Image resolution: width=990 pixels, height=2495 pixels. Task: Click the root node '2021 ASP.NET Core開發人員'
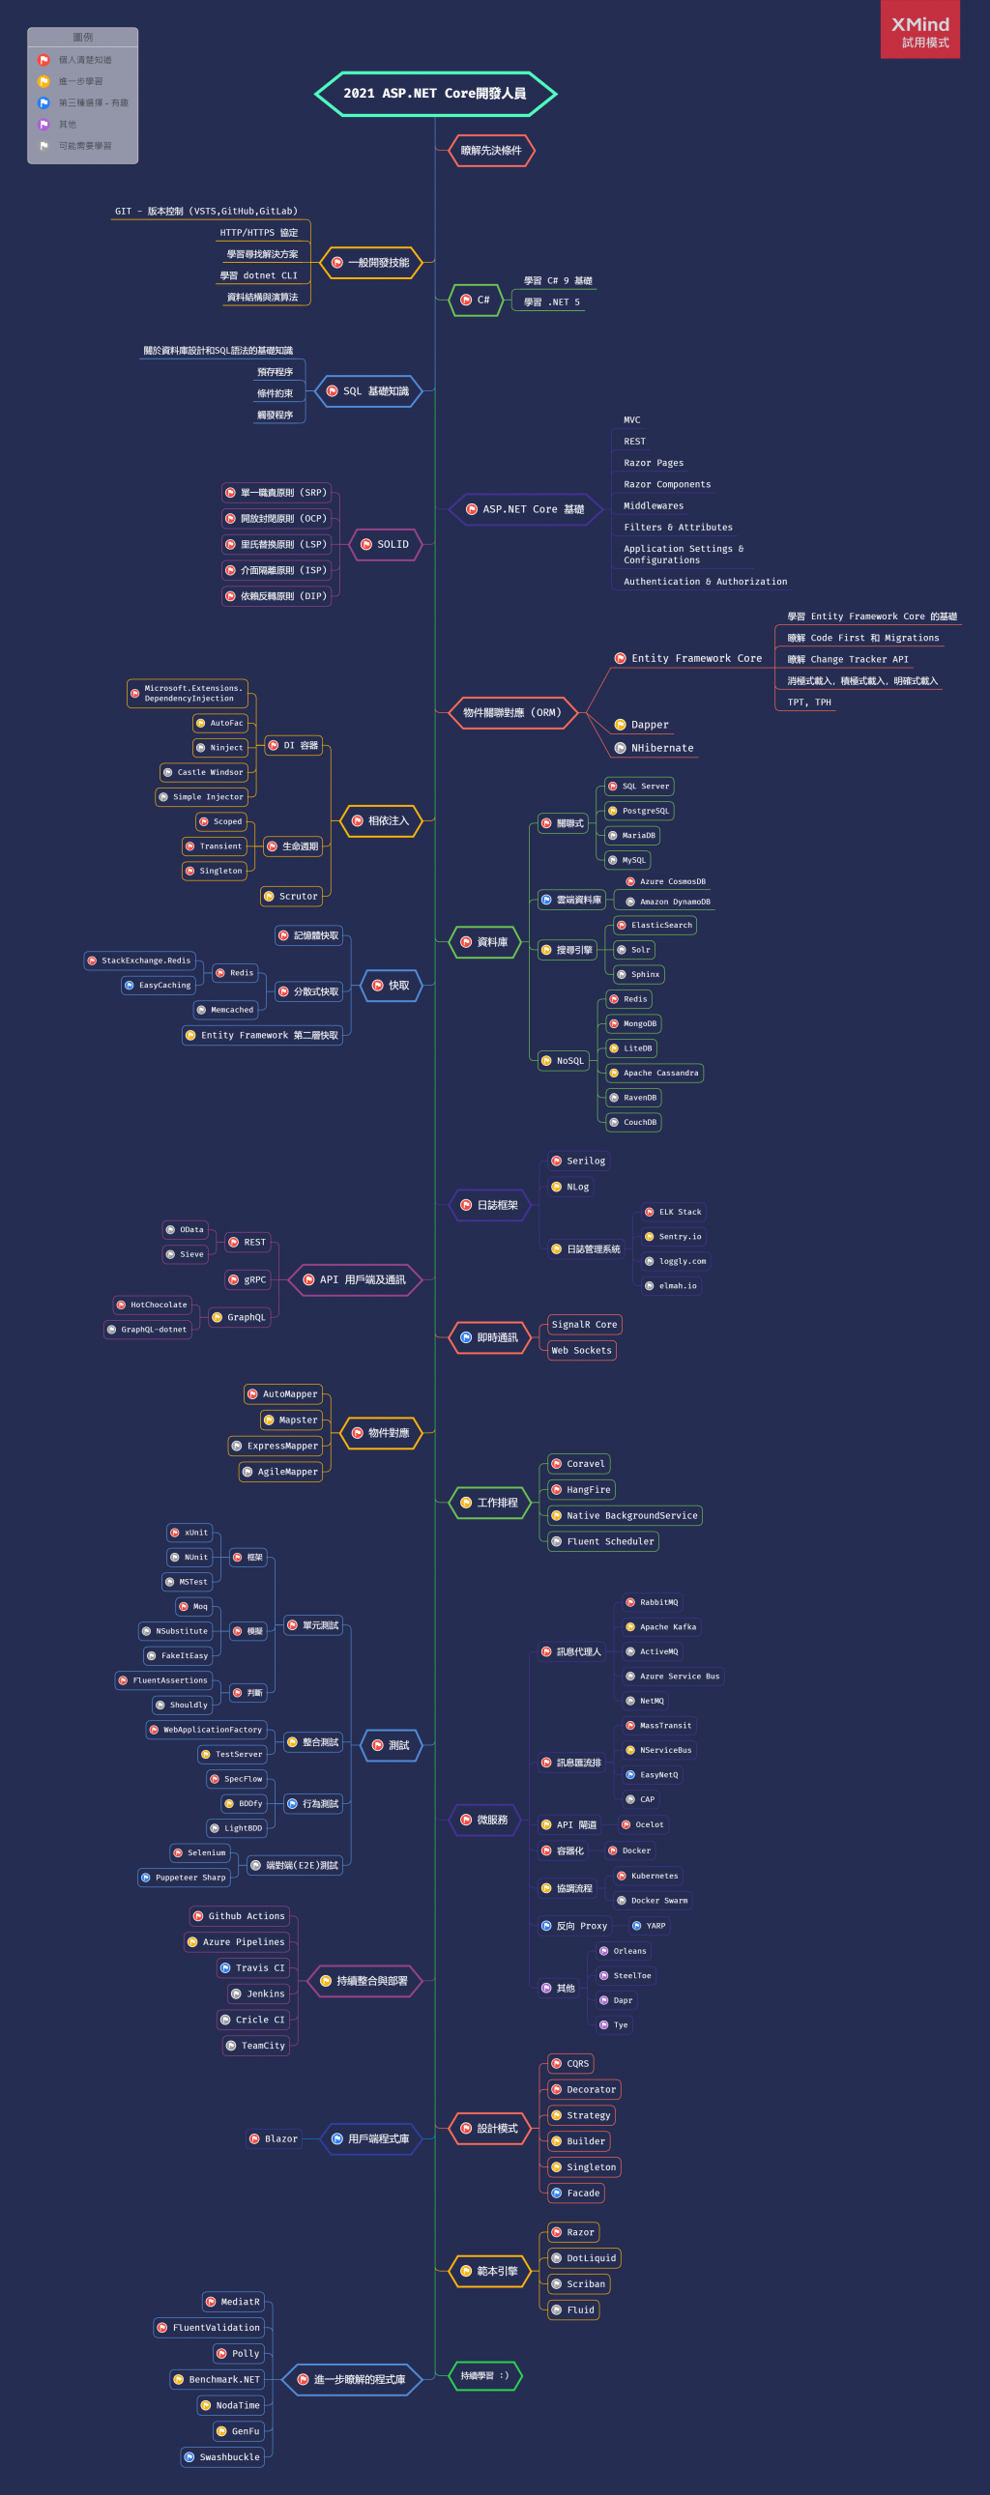(x=435, y=94)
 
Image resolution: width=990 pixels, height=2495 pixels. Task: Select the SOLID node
(x=386, y=544)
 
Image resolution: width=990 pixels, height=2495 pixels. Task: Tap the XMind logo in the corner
(x=919, y=30)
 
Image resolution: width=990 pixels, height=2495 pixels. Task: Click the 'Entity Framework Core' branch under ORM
(x=688, y=659)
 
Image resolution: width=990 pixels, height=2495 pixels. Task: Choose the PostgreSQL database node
(x=638, y=811)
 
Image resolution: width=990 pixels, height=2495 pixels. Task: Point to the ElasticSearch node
(x=655, y=925)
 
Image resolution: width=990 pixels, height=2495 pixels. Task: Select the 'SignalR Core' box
(x=583, y=1324)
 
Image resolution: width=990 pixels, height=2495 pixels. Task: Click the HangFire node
(x=581, y=1490)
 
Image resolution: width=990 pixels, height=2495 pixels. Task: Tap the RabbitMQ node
(x=652, y=1602)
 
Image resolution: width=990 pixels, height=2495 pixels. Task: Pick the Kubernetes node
(x=647, y=1876)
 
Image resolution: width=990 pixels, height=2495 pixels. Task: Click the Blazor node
(x=275, y=2138)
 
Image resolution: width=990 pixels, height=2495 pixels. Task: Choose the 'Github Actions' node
(x=239, y=1916)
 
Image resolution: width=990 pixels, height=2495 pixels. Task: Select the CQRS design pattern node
(x=570, y=2063)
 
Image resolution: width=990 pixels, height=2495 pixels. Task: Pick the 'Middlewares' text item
(x=653, y=505)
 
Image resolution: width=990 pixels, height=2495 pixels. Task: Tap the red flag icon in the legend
(x=44, y=60)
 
